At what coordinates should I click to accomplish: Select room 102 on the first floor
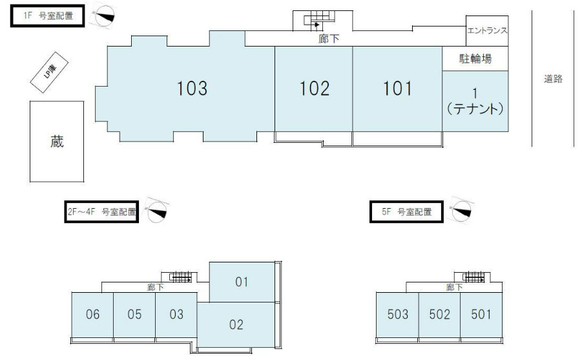coord(314,89)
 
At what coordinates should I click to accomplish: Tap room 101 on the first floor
coord(397,89)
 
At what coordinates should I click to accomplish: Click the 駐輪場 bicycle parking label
coord(475,59)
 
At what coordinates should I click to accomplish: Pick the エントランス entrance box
coord(487,30)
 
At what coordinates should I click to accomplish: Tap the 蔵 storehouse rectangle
coord(57,142)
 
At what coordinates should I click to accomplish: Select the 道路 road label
coord(553,79)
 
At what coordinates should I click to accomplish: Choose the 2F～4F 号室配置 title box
coord(101,211)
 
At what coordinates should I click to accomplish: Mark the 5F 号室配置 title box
coord(405,211)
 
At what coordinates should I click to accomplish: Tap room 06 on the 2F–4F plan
coord(92,315)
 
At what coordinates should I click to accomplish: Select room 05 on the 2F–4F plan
coord(134,315)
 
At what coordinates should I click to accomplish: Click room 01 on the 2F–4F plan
coord(242,282)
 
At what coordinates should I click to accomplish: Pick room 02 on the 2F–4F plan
coord(236,324)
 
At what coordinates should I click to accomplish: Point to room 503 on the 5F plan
coord(398,315)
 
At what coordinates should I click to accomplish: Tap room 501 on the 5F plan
coord(481,315)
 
